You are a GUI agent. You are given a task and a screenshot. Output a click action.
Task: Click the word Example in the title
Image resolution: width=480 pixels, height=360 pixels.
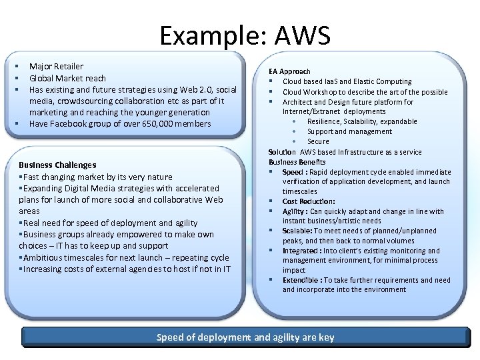point(207,37)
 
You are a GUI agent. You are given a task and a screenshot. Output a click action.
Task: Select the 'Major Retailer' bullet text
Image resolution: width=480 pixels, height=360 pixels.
point(56,67)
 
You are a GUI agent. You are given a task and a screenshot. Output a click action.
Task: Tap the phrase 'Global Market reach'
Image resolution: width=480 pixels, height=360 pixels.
point(67,78)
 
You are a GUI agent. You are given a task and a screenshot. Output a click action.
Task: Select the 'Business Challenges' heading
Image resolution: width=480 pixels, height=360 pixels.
point(57,165)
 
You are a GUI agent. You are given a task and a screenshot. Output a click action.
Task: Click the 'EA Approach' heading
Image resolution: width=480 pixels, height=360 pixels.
point(289,71)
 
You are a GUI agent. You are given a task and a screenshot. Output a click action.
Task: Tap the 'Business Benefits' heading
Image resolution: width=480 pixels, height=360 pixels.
point(297,162)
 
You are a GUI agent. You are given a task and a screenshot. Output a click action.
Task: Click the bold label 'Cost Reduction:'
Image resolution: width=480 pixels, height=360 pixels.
point(309,201)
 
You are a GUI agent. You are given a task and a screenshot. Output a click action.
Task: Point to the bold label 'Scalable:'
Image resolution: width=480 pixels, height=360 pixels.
point(298,231)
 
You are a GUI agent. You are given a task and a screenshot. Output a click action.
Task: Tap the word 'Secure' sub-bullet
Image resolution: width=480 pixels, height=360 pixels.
point(318,141)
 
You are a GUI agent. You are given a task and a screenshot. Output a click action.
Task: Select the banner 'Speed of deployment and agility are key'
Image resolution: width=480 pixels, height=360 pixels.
point(245,337)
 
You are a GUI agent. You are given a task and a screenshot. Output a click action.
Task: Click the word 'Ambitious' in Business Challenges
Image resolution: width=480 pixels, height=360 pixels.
point(42,257)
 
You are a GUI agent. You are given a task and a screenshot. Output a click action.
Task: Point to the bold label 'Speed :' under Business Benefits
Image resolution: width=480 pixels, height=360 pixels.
point(295,172)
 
